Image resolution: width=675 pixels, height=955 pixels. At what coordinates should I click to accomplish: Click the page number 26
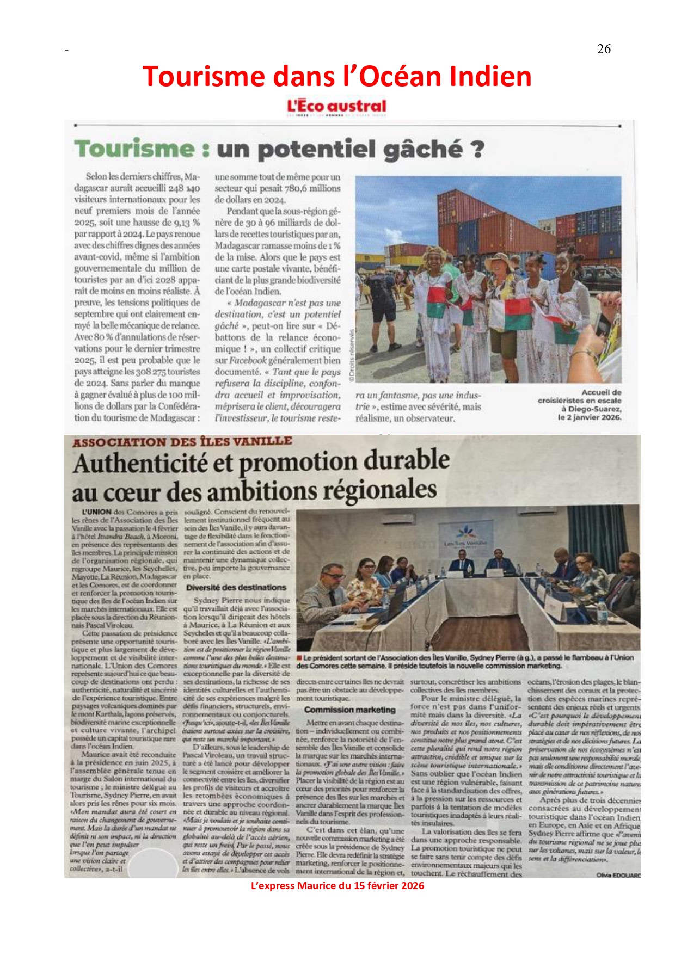604,49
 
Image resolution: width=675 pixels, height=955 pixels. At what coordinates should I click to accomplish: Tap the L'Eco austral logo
336,106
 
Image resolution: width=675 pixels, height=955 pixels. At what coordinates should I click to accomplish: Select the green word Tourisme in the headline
134,149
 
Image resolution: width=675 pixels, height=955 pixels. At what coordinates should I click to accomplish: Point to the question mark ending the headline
477,149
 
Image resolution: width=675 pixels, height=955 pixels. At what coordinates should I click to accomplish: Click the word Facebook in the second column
248,360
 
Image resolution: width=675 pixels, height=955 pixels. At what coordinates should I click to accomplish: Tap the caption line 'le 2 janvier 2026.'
589,417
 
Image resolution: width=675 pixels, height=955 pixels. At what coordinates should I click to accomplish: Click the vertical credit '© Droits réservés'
351,354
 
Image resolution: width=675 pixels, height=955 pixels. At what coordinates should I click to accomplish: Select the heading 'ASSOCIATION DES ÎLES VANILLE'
182,442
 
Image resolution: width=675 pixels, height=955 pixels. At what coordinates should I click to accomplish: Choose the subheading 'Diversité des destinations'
236,588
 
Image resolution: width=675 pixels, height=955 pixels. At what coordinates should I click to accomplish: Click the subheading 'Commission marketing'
349,710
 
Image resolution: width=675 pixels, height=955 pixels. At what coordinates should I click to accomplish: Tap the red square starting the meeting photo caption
299,658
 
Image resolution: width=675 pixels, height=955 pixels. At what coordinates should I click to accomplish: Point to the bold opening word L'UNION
96,512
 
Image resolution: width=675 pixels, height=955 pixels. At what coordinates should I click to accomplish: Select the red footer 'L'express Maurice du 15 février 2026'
337,885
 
